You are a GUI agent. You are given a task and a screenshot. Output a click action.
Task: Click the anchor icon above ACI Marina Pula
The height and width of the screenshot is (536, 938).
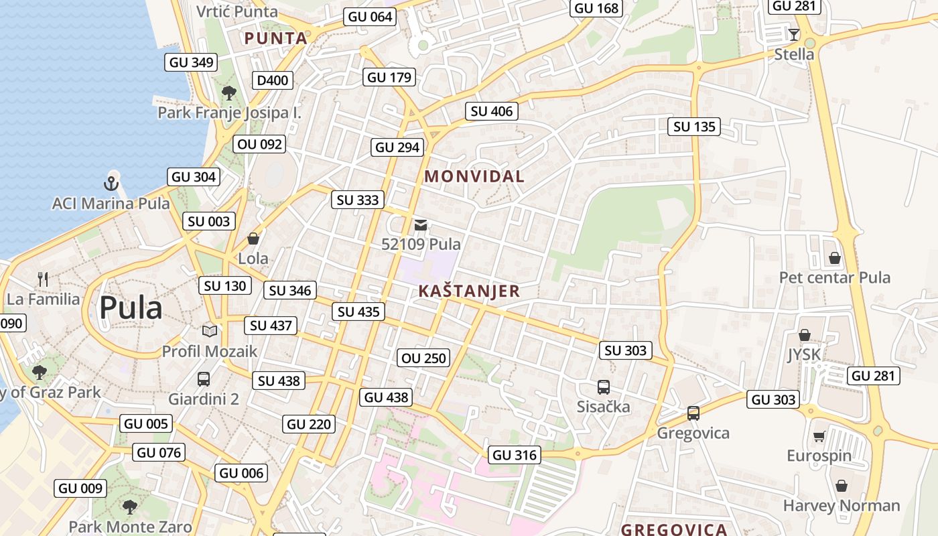tap(111, 182)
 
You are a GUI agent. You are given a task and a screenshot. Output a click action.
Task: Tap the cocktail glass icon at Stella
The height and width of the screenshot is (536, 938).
tap(794, 34)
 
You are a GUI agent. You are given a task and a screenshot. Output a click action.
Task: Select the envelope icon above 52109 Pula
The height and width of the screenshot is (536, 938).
tap(421, 225)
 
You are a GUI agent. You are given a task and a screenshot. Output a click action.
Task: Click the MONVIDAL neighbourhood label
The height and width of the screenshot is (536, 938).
tap(474, 177)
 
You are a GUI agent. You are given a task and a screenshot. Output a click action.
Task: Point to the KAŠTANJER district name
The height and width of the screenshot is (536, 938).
tap(469, 291)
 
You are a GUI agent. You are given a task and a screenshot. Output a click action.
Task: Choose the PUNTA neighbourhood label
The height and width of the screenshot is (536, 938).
tap(276, 38)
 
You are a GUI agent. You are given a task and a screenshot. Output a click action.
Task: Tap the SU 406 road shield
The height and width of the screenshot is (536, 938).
tap(492, 111)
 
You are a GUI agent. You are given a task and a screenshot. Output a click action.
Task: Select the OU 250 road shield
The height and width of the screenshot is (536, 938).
tap(423, 358)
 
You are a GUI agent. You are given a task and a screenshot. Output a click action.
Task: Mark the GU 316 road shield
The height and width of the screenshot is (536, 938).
tap(515, 456)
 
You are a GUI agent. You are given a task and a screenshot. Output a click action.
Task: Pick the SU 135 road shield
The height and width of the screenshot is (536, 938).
tap(694, 127)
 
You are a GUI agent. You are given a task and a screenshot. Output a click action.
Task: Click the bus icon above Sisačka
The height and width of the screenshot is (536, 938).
tap(604, 387)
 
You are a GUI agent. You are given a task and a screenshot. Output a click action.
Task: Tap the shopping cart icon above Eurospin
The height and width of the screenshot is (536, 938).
tap(819, 437)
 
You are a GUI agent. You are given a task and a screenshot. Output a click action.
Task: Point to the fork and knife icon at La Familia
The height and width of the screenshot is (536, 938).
tap(44, 279)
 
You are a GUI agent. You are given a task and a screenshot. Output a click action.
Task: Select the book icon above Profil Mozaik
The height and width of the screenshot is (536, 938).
tap(210, 331)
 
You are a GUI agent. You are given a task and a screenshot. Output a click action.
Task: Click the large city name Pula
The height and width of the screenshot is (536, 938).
tap(131, 308)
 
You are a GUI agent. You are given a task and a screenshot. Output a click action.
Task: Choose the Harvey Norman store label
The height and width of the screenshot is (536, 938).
tap(842, 505)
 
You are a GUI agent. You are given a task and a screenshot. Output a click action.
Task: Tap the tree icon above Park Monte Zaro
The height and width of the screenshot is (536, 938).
tap(130, 507)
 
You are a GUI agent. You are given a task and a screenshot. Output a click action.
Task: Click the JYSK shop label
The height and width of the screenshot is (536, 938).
tap(804, 354)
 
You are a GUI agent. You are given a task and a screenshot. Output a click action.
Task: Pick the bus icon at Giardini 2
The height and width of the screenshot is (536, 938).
tap(204, 379)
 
